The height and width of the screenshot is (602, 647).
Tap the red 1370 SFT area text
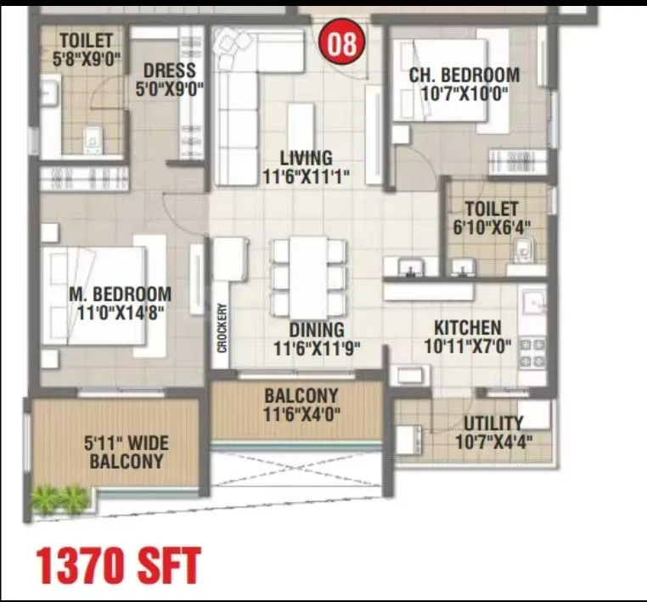pos(118,565)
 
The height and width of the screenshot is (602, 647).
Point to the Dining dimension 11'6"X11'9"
pos(317,347)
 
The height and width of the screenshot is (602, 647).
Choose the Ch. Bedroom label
pos(464,75)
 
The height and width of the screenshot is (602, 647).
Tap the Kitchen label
pos(467,328)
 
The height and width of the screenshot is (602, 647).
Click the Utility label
pos(493,423)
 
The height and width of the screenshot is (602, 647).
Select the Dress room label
pos(170,70)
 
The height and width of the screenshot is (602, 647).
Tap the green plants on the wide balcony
pos(60,498)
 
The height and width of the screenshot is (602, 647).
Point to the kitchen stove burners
pos(532,352)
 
